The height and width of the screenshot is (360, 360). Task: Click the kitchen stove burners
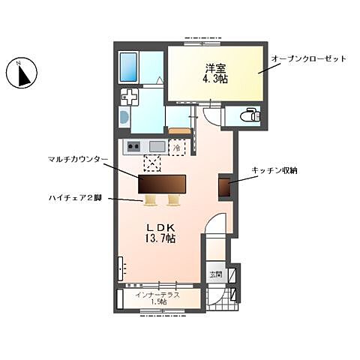[133, 146]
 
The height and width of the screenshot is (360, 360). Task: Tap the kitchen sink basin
[157, 146]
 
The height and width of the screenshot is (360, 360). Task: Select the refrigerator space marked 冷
[177, 148]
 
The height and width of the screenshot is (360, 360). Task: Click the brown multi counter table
[161, 184]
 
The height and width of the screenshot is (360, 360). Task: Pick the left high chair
[150, 200]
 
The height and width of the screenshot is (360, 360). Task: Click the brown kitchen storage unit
[223, 187]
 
